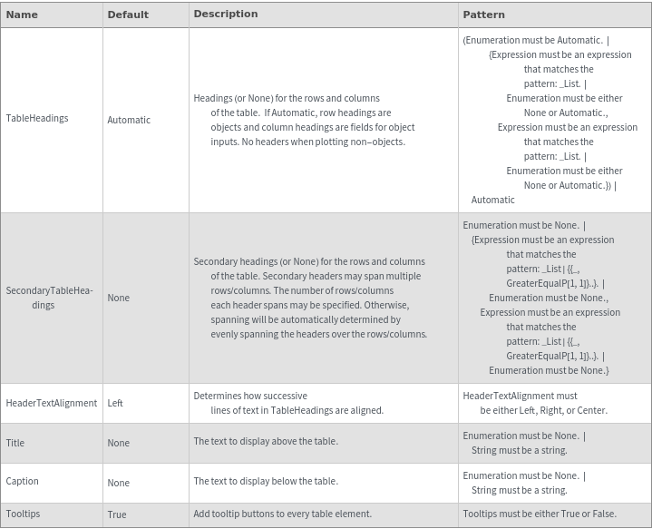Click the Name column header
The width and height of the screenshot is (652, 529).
(x=22, y=15)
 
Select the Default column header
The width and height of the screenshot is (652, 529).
(x=128, y=15)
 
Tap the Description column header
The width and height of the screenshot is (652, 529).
(x=226, y=15)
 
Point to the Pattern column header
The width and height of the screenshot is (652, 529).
(x=484, y=15)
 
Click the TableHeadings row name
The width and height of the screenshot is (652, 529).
(x=37, y=118)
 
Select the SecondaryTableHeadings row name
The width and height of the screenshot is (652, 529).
(x=49, y=298)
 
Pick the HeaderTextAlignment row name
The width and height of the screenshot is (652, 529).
(x=52, y=403)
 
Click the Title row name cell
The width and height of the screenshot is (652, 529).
(x=15, y=443)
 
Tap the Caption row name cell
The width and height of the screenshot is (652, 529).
(x=23, y=481)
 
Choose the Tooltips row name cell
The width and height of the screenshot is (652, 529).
(x=24, y=514)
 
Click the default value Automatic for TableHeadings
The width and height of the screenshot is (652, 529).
(x=129, y=120)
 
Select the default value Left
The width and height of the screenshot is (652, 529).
(x=115, y=403)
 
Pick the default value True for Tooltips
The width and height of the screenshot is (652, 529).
(x=117, y=514)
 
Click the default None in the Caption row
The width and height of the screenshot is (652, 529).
(x=119, y=483)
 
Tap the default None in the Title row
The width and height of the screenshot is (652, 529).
(x=119, y=443)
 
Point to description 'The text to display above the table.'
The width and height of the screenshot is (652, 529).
(x=266, y=441)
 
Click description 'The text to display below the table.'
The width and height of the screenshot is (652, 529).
(x=266, y=481)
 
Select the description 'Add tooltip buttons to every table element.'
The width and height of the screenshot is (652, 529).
(x=283, y=514)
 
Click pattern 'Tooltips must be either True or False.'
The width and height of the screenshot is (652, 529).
(x=540, y=514)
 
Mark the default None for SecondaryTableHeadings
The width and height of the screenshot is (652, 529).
(x=119, y=298)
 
